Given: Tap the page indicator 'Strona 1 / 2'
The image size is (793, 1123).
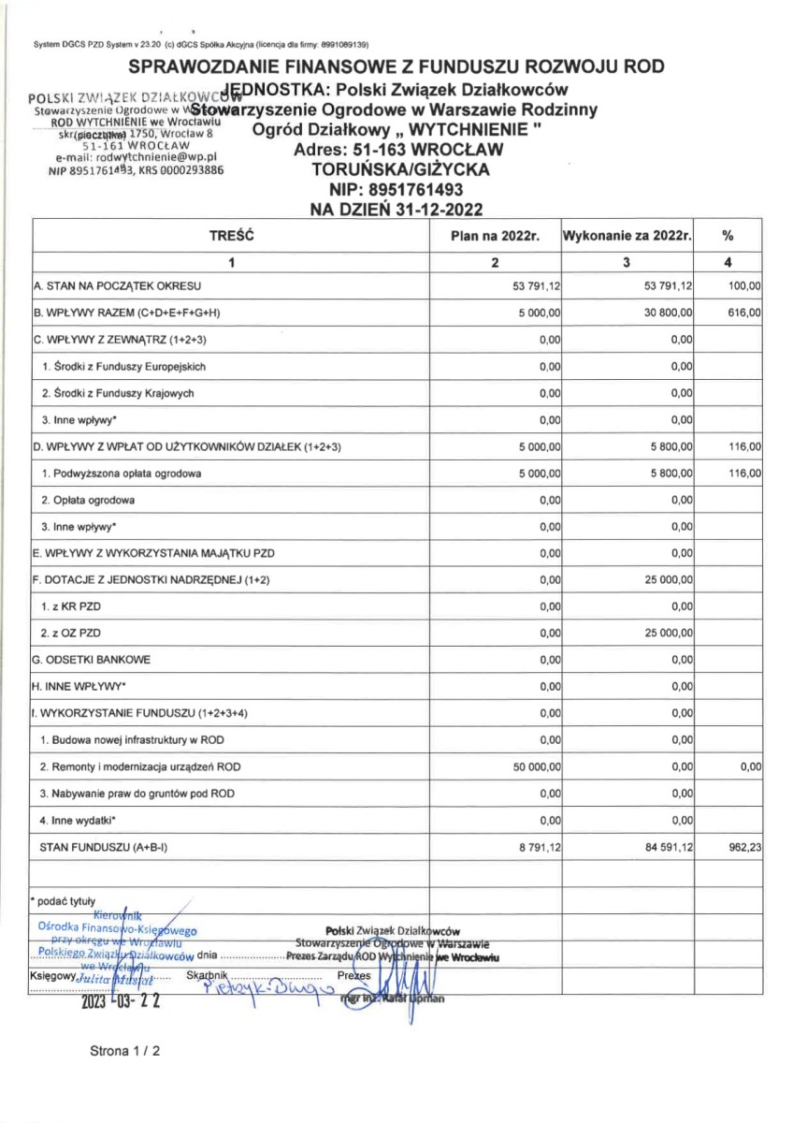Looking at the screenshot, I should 125,1051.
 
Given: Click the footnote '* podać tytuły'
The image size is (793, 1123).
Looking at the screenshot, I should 62,901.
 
